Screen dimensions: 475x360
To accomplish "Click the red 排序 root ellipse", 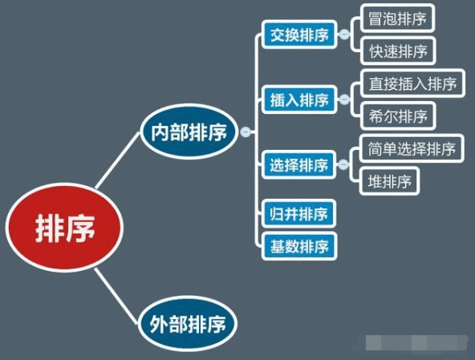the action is pyautogui.click(x=64, y=228).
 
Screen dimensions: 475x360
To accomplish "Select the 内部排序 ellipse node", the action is pyautogui.click(x=189, y=131).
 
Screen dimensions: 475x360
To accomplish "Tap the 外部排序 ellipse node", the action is pyautogui.click(x=188, y=323).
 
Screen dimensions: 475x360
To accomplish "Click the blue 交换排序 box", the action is pyautogui.click(x=299, y=34).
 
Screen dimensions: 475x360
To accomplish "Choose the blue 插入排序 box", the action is pyautogui.click(x=299, y=99).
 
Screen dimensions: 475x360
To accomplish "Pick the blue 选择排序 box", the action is pyautogui.click(x=298, y=164).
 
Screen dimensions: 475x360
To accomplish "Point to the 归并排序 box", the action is pyautogui.click(x=298, y=214).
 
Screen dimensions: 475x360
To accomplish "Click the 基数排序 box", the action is pyautogui.click(x=299, y=246).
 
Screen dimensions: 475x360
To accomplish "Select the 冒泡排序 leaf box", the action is pyautogui.click(x=397, y=18).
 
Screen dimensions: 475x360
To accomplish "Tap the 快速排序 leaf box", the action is pyautogui.click(x=398, y=51).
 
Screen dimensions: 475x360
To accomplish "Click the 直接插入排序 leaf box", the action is pyautogui.click(x=412, y=83).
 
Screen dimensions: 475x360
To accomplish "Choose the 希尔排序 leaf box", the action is pyautogui.click(x=398, y=116).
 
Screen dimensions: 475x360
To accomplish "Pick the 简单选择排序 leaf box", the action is pyautogui.click(x=412, y=148).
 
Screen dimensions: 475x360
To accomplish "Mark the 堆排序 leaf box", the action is pyautogui.click(x=390, y=181).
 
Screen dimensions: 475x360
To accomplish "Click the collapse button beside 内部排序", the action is pyautogui.click(x=246, y=131).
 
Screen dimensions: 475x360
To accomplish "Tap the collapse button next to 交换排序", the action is pyautogui.click(x=344, y=34).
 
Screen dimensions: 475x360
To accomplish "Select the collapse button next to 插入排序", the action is pyautogui.click(x=344, y=99).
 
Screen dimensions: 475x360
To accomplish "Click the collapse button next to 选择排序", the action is pyautogui.click(x=343, y=164).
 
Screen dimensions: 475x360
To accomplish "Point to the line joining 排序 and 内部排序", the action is pyautogui.click(x=118, y=160).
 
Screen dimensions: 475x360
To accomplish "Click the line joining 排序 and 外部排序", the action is pyautogui.click(x=116, y=297).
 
